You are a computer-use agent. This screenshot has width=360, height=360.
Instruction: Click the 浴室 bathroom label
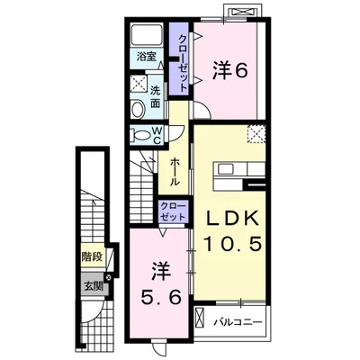coord(147,57)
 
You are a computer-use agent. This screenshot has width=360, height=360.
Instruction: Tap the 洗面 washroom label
coord(155,97)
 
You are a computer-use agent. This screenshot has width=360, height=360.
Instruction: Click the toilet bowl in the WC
coord(140,135)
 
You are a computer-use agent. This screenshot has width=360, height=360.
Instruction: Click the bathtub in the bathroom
coord(147,35)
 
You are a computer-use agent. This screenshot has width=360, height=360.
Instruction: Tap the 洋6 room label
coord(230,71)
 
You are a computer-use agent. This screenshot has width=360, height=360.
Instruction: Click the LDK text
coord(232,220)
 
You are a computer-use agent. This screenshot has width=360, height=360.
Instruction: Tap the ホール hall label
coord(175,172)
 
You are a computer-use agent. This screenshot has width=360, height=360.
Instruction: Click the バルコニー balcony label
coord(238,322)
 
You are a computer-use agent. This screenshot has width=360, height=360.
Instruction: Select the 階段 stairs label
coord(93,256)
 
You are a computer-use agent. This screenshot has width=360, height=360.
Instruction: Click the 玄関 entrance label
coord(93,287)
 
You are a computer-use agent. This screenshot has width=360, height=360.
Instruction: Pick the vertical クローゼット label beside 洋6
coord(183,63)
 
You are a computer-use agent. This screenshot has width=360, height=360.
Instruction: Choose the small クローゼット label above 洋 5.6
coord(173,211)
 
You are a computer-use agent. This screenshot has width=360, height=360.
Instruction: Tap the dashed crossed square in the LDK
coord(256,134)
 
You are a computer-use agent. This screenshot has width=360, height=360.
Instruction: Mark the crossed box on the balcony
coord(199,319)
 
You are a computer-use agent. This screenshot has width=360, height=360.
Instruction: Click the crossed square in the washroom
coord(139,84)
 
